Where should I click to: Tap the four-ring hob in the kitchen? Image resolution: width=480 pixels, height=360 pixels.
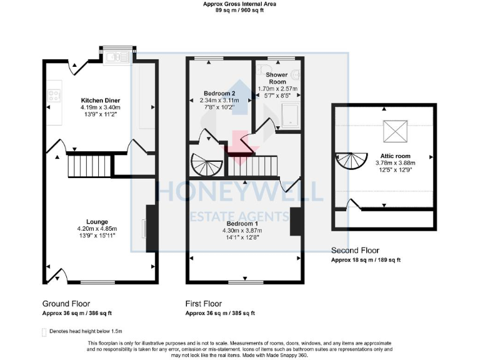(53, 96)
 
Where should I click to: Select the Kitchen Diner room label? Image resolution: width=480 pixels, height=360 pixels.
(100, 101)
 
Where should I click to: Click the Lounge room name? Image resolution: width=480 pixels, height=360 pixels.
(97, 222)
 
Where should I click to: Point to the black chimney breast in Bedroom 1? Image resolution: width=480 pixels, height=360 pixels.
(296, 221)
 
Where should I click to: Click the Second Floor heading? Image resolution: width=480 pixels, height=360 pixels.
(356, 251)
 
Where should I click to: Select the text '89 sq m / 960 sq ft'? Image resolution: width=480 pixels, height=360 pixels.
(239, 11)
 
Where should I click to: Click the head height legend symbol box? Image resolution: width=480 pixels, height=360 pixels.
(44, 331)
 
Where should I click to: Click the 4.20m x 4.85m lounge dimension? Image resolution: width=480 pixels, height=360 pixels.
(97, 229)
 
